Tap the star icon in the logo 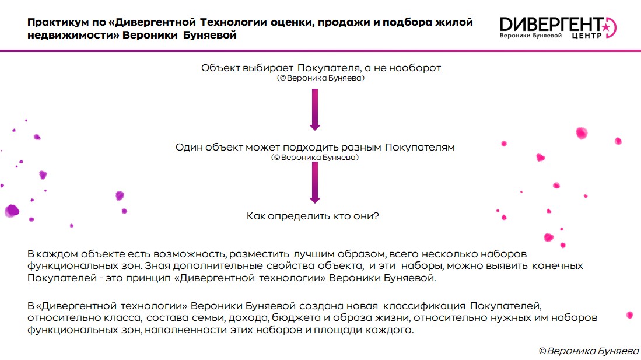605,27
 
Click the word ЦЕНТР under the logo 587,36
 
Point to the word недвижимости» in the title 73,35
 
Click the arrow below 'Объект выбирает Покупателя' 315,110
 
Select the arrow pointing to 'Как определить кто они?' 315,183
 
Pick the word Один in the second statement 189,147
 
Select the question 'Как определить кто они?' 313,216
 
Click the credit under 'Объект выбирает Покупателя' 321,78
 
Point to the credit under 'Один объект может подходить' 315,157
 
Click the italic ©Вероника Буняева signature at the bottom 589,351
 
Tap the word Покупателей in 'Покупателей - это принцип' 62,278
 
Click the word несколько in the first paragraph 449,254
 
